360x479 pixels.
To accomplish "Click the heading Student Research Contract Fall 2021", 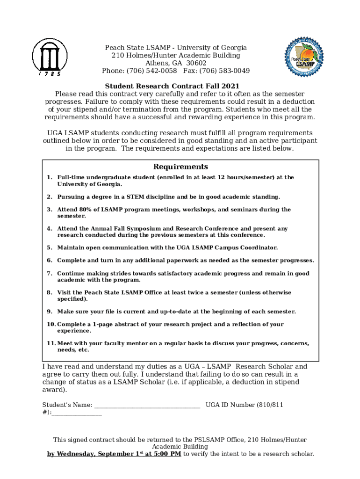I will tap(172, 86).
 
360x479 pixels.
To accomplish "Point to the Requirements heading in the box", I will tap(180, 167).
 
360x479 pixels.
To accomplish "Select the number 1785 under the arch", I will tap(49, 73).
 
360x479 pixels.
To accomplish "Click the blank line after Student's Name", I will tap(147, 405).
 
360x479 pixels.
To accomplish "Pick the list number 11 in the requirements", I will tap(51, 343).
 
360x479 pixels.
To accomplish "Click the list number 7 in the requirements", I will tap(49, 274).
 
